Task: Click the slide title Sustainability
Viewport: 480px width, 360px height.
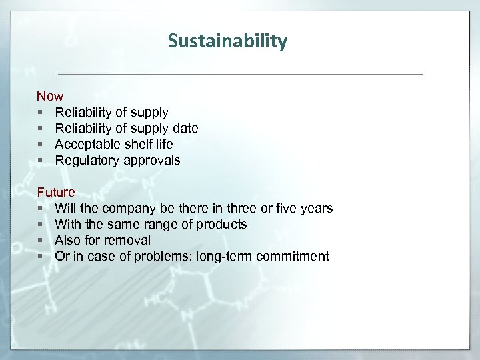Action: pyautogui.click(x=227, y=41)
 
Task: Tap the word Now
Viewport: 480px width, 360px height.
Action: pyautogui.click(x=50, y=97)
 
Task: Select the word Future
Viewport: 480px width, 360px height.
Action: pyautogui.click(x=56, y=193)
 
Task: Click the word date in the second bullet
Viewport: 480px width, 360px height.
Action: pyautogui.click(x=185, y=129)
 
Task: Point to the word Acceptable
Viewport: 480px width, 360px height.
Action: pyautogui.click(x=86, y=145)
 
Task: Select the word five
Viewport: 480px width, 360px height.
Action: pyautogui.click(x=285, y=209)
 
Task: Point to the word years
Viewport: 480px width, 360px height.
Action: pyautogui.click(x=317, y=209)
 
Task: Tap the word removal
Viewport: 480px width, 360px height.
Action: pyautogui.click(x=127, y=241)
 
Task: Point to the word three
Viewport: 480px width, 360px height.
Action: pyautogui.click(x=242, y=209)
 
